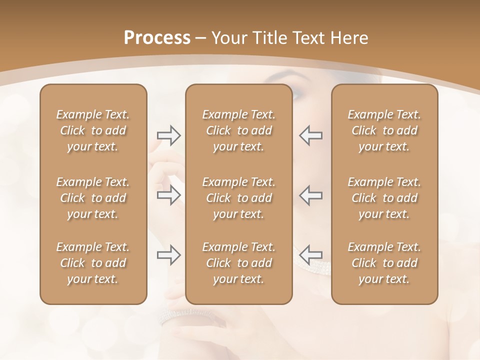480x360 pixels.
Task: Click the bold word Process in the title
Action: tap(157, 38)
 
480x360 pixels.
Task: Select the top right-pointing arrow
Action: tap(168, 135)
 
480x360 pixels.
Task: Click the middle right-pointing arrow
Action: tap(168, 195)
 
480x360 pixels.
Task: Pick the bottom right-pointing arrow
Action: tap(168, 255)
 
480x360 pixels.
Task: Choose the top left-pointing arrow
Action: tap(311, 135)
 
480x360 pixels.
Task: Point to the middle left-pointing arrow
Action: tap(311, 195)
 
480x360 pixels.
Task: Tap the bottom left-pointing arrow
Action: tap(311, 255)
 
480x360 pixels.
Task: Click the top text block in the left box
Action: tap(93, 130)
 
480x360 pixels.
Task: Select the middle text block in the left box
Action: tap(93, 198)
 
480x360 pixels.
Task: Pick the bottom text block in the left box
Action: tap(93, 263)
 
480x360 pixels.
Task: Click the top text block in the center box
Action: tap(238, 130)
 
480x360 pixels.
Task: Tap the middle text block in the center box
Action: tap(238, 198)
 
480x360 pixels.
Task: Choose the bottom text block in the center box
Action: tap(238, 263)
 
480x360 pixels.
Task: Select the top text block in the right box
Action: tap(384, 130)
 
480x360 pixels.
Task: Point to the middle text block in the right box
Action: tap(384, 198)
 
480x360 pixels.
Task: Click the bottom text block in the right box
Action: tap(384, 263)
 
